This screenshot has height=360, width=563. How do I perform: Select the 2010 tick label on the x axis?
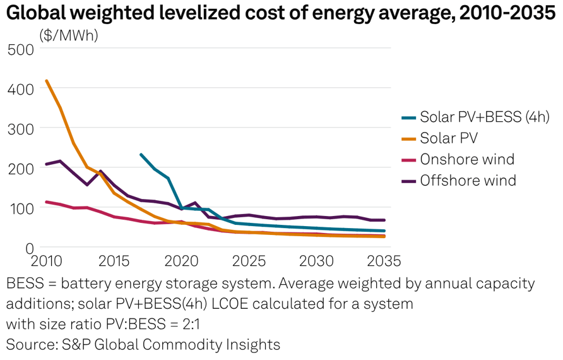point(48,260)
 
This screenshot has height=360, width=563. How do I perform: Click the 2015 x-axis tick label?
point(114,260)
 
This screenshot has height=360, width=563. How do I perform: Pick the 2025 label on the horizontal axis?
point(249,260)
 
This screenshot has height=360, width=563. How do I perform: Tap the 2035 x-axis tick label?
point(384,260)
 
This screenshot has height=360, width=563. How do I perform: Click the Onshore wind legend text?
point(467,159)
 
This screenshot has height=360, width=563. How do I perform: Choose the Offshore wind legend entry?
point(468,181)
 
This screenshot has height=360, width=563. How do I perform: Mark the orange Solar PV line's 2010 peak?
point(47,81)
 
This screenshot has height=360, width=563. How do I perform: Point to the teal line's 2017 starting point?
point(141,154)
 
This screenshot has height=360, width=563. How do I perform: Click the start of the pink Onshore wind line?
point(47,202)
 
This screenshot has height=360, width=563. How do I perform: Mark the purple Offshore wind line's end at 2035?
point(384,220)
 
